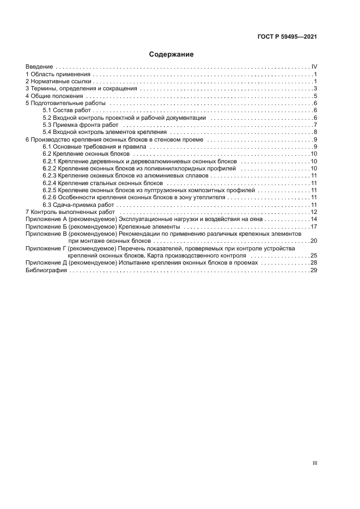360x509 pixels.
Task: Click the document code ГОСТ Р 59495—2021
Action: pyautogui.click(x=286, y=37)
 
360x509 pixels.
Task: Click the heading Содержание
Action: pyautogui.click(x=172, y=54)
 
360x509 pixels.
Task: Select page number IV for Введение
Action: pyautogui.click(x=314, y=66)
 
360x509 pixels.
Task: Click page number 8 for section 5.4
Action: pyautogui.click(x=315, y=132)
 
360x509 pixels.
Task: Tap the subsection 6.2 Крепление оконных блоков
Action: pyautogui.click(x=86, y=154)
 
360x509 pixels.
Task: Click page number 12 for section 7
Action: pyautogui.click(x=314, y=211)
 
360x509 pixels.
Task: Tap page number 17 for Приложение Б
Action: pyautogui.click(x=314, y=226)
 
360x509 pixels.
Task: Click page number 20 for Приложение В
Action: pyautogui.click(x=314, y=240)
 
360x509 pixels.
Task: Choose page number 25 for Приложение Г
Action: pyautogui.click(x=314, y=255)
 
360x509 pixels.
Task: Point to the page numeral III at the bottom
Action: pyautogui.click(x=314, y=463)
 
